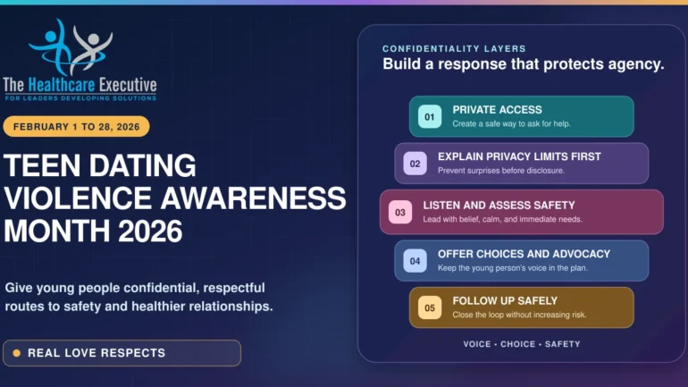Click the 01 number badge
(430, 117)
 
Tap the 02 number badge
(415, 164)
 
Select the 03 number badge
(400, 213)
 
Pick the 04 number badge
(415, 261)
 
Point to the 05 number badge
(430, 308)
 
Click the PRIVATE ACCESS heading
(497, 110)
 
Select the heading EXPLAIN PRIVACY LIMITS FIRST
(519, 156)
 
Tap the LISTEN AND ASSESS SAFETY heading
(499, 206)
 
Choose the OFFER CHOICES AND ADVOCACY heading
(524, 254)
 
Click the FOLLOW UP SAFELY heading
(505, 301)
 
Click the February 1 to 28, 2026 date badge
(76, 127)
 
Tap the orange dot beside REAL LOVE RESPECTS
(17, 353)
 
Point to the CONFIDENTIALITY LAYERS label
(454, 48)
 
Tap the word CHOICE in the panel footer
(518, 344)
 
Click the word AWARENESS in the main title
(253, 198)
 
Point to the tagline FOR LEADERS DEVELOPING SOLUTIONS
(80, 98)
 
